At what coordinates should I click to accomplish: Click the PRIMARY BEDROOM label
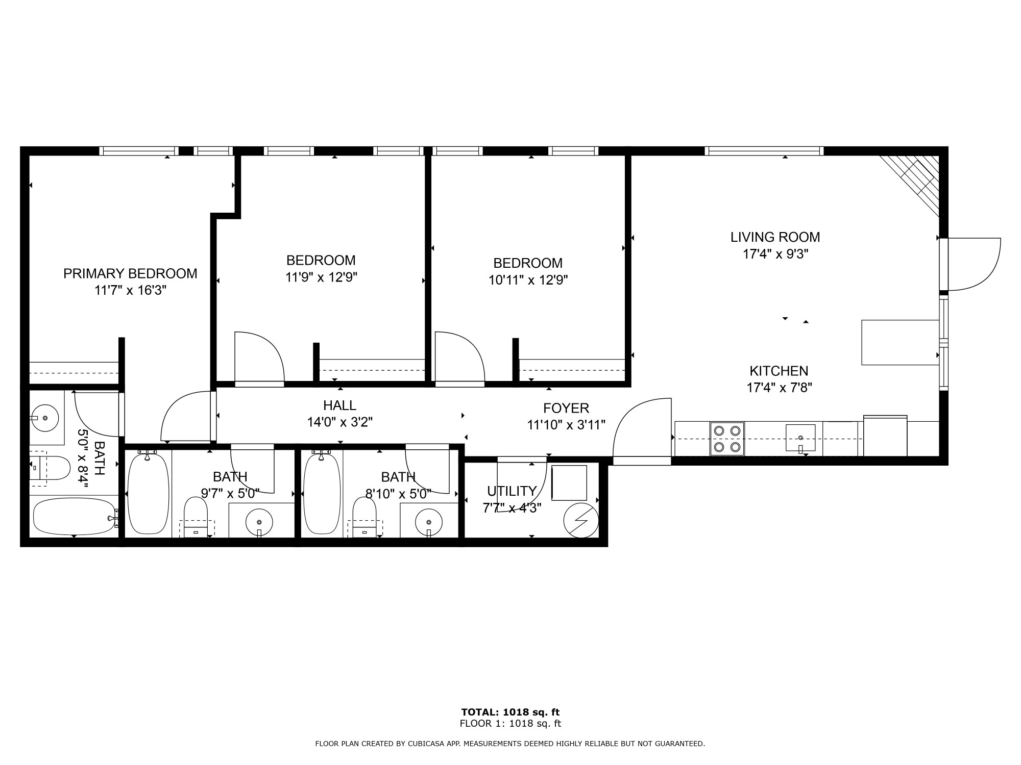(130, 274)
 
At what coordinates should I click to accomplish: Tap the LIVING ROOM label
(775, 237)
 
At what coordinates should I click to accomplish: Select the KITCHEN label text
(779, 371)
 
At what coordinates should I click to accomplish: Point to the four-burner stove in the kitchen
(727, 439)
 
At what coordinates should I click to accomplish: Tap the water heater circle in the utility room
(581, 520)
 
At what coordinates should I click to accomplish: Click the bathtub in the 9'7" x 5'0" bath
(147, 493)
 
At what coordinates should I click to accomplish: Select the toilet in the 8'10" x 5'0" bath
(364, 516)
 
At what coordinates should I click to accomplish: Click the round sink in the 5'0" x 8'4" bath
(45, 418)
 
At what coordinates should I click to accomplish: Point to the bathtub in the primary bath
(75, 517)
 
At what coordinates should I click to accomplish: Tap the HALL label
(339, 405)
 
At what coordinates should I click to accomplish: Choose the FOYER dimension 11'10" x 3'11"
(566, 425)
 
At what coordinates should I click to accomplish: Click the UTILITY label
(512, 491)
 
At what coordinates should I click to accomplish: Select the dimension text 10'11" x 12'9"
(528, 280)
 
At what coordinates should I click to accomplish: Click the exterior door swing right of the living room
(974, 264)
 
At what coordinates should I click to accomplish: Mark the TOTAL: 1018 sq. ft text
(510, 712)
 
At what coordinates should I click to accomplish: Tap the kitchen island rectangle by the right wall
(901, 342)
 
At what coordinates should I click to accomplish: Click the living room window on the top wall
(764, 151)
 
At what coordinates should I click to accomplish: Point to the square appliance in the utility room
(569, 482)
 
